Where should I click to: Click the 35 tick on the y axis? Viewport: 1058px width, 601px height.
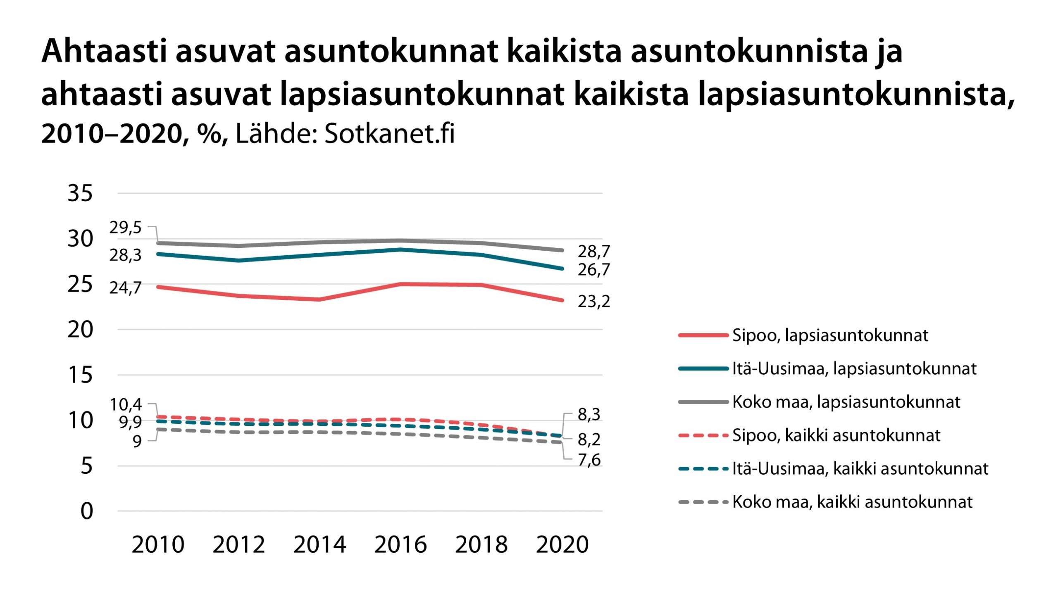coord(80,193)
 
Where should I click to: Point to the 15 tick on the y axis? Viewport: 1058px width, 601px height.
coord(80,375)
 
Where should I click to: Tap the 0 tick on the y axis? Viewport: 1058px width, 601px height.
coord(87,511)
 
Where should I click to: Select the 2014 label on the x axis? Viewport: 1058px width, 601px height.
coord(319,544)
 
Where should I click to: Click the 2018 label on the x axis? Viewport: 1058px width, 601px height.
coord(481,544)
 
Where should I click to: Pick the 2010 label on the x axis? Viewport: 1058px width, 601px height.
coord(158,544)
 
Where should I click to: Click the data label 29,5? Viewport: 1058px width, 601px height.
coord(125,228)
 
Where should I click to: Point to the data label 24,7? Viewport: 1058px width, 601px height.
coord(125,288)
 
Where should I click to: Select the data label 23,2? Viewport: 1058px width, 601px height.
coord(593,302)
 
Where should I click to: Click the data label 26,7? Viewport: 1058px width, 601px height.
coord(593,270)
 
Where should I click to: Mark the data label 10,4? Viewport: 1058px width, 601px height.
coord(125,405)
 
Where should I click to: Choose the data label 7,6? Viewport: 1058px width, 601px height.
coord(589,460)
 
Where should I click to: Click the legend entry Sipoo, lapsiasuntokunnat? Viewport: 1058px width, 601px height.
coord(830,335)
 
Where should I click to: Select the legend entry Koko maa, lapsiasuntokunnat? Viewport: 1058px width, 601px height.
coord(846,402)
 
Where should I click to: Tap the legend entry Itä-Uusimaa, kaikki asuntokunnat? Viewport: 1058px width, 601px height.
coord(860,469)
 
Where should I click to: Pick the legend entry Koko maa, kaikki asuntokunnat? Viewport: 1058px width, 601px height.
coord(852,502)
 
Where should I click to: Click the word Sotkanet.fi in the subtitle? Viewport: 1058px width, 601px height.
coord(389,134)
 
